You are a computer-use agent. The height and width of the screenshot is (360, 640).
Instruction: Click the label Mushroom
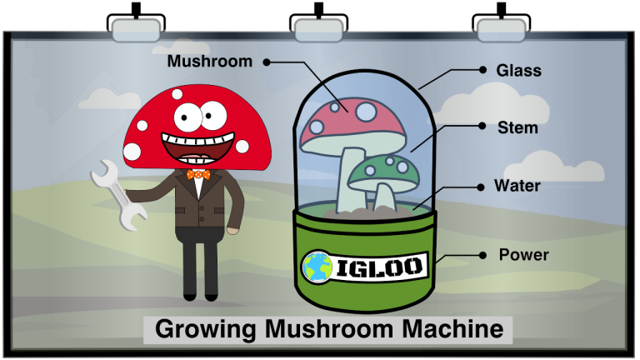210,61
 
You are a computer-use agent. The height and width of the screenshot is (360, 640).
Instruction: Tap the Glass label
518,71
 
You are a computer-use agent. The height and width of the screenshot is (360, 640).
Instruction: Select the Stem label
517,128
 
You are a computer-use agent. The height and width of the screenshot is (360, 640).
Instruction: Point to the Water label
517,185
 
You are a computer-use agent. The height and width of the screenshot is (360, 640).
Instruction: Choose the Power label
523,254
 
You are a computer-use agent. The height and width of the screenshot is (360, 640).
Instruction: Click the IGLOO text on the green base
381,267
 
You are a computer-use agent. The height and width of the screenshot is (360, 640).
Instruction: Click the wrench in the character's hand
117,193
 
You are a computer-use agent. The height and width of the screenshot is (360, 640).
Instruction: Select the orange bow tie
197,175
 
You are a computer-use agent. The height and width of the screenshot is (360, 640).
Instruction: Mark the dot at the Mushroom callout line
267,62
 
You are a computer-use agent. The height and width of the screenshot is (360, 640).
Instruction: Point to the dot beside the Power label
482,254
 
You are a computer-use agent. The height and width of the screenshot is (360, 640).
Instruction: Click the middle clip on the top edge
318,30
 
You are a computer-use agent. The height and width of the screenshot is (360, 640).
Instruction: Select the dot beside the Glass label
481,71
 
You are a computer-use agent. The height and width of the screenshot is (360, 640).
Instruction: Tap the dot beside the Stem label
481,126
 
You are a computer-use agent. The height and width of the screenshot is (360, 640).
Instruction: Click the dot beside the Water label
481,187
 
